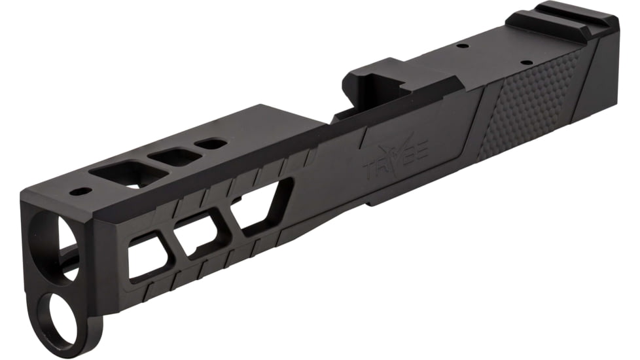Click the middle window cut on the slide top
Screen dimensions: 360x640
coord(173,156)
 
